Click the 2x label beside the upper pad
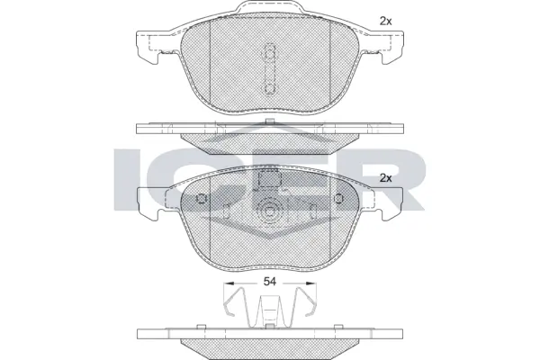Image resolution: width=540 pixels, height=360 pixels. [386, 20]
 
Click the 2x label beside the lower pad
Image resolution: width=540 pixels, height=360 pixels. [386, 178]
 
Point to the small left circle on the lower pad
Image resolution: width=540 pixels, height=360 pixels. [201, 200]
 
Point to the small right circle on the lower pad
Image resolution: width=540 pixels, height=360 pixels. [337, 200]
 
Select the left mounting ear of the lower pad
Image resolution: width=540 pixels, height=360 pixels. [149, 205]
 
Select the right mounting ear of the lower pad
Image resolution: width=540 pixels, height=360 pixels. [389, 205]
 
